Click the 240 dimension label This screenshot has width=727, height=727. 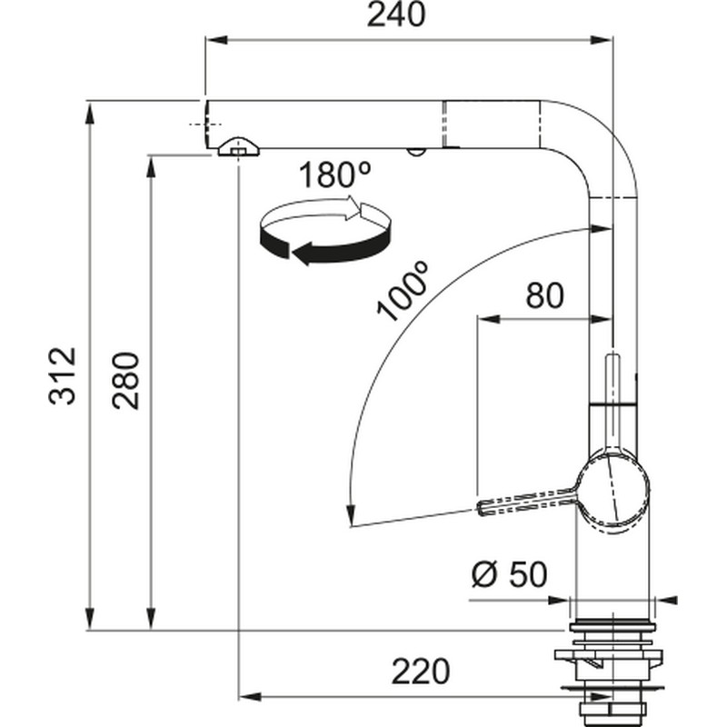pyautogui.click(x=395, y=15)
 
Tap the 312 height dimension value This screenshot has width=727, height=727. pyautogui.click(x=63, y=376)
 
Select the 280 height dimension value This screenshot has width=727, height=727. pyautogui.click(x=125, y=381)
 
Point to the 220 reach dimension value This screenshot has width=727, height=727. pyautogui.click(x=421, y=672)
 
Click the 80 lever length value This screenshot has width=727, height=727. pyautogui.click(x=544, y=295)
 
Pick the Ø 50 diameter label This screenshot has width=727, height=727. pyautogui.click(x=510, y=574)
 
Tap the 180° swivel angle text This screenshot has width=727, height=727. pyautogui.click(x=334, y=174)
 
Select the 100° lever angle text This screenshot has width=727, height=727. pyautogui.click(x=402, y=292)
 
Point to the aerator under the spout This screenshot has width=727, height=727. pyautogui.click(x=238, y=147)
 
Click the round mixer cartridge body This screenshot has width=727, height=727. pyautogui.click(x=612, y=493)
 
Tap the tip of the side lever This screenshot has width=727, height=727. pyautogui.click(x=479, y=507)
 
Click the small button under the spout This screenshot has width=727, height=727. pyautogui.click(x=415, y=152)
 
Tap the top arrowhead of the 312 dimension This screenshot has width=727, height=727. pyautogui.click(x=90, y=114)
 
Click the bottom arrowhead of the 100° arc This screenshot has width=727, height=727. pyautogui.click(x=351, y=515)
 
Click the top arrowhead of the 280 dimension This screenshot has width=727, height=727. pyautogui.click(x=151, y=166)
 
